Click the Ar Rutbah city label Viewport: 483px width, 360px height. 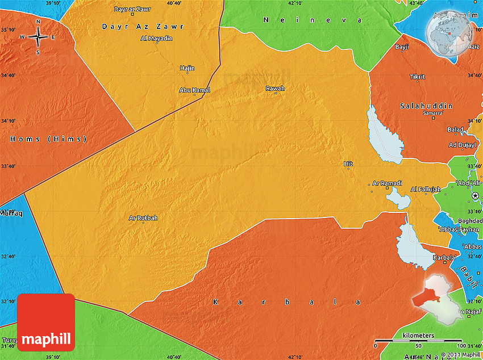click(143, 217)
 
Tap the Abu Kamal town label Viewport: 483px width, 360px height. click(194, 90)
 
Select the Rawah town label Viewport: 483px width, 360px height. click(275, 88)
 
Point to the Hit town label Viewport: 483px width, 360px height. click(348, 164)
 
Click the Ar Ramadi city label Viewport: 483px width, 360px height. click(388, 183)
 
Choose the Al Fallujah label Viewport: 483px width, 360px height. click(425, 189)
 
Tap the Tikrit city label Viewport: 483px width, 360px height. click(417, 76)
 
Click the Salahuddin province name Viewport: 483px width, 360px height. click(426, 106)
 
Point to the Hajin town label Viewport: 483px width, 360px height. click(187, 68)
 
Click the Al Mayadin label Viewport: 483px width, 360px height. click(156, 39)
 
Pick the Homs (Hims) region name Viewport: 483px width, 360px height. click(48, 139)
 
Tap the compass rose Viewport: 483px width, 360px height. click(38, 37)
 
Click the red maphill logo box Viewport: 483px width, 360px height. click(46, 323)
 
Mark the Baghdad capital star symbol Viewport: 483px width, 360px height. click(476, 195)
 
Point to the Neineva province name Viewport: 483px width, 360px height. click(313, 20)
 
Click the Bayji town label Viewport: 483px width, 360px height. click(402, 47)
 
